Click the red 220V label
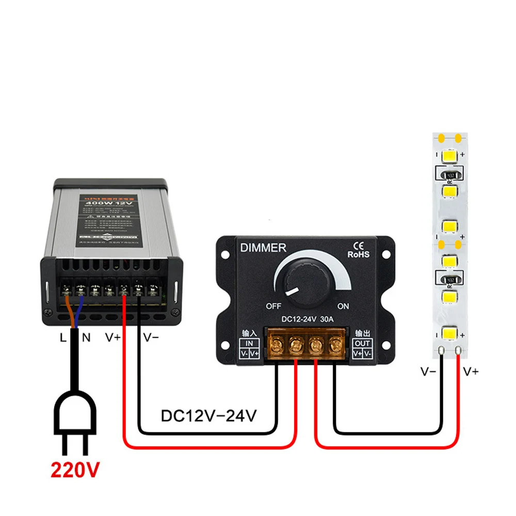point(75,470)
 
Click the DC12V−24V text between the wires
point(208,416)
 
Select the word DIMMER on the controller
point(263,248)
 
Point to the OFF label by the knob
point(273,306)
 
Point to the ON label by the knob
point(343,306)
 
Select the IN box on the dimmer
point(249,343)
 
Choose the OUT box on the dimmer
point(363,343)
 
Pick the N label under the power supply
point(86,338)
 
